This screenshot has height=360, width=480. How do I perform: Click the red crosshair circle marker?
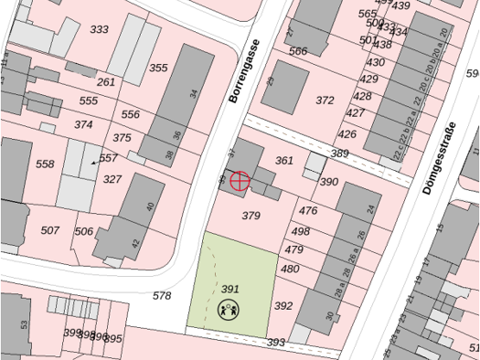pos(239,180)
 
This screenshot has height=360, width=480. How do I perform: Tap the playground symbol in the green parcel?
pos(229,310)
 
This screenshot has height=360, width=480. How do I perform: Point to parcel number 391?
pos(230,289)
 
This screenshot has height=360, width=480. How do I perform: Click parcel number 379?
pos(251,217)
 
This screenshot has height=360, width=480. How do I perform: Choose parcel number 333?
pos(99,30)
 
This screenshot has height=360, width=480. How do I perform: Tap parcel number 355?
pos(158,69)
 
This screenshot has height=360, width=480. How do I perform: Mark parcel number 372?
pos(325,100)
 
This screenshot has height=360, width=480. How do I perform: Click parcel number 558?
pos(45,164)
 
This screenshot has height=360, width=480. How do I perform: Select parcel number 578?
pos(162,296)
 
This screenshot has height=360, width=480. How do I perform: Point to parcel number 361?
pos(284,161)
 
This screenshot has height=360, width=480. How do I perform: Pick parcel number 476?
pos(308,211)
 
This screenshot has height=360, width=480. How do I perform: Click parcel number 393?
pos(276,343)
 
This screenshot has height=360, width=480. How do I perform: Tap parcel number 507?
pos(50,230)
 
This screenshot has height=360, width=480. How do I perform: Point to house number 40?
pos(151,207)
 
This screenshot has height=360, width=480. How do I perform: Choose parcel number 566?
pos(298,51)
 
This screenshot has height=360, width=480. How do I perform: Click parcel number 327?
pos(112,179)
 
